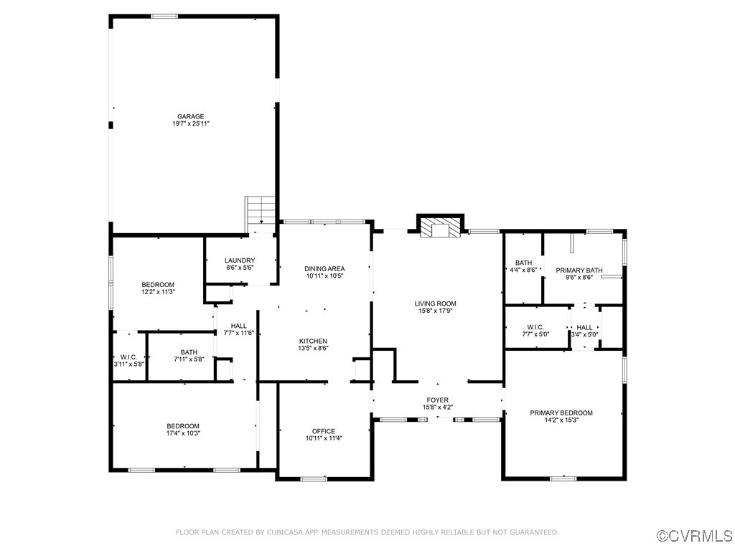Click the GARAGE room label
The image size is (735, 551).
coord(191,116)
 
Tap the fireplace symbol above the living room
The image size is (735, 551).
coord(437,227)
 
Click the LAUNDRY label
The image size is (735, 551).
coord(240,260)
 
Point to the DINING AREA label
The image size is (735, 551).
coord(324,268)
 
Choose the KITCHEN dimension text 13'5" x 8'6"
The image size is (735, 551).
coord(314,349)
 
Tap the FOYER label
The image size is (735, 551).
coord(437,400)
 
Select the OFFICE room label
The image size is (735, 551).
coord(324,431)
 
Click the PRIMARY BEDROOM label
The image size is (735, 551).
coord(561,413)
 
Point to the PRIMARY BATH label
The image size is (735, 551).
coord(579,270)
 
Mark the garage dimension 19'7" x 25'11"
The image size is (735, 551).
coord(191,123)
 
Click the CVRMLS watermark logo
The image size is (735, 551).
coord(695,536)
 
